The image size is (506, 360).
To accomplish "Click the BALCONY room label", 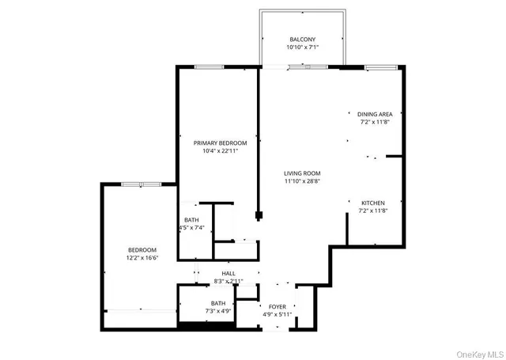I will pos(302,40).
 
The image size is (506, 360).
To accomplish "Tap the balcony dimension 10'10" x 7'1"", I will pos(302,47).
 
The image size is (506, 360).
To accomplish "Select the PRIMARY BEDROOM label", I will pos(221,143).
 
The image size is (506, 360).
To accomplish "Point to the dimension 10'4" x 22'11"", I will pos(221,151).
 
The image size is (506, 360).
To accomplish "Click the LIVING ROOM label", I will pos(302,172).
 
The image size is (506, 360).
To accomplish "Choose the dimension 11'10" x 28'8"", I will pos(302,180).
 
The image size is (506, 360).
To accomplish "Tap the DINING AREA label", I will pos(376,114).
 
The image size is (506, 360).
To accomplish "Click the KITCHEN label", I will pos(374,202).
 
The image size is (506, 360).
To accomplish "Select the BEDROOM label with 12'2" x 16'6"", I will pos(142,250).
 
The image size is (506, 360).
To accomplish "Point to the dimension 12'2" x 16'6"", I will pos(142,258).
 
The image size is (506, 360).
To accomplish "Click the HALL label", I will pos(228,273).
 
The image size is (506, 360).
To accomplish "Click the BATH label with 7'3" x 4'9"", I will pos(218,303).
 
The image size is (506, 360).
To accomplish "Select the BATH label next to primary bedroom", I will pos(191,220).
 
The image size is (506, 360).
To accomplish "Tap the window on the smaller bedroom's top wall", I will pos(142,184).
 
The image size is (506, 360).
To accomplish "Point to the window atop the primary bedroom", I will pos(208,66).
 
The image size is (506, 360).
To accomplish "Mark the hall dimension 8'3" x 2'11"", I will pos(228,281).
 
